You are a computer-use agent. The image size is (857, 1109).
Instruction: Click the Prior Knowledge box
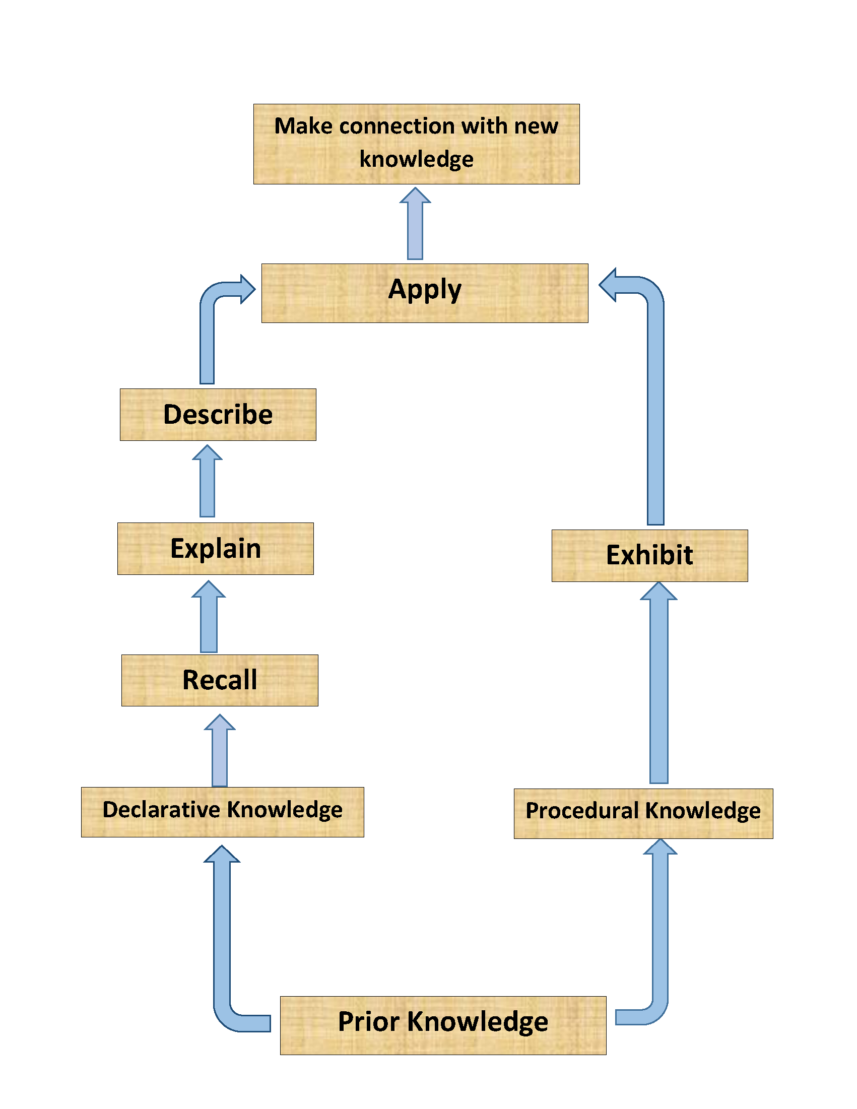click(x=443, y=1025)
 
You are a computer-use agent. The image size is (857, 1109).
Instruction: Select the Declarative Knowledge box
click(x=222, y=811)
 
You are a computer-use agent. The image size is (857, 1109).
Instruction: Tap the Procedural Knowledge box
click(x=643, y=813)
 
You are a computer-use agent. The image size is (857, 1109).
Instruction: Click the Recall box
click(x=219, y=680)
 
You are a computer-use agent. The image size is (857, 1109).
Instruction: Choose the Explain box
click(x=215, y=548)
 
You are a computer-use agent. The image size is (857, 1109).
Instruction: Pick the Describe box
click(x=218, y=414)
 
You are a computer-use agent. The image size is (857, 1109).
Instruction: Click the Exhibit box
click(x=649, y=555)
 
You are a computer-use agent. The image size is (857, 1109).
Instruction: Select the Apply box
click(x=424, y=292)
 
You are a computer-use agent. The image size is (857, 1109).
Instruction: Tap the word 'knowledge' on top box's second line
click(x=416, y=159)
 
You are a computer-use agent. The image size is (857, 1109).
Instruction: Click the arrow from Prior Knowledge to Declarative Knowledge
click(x=222, y=939)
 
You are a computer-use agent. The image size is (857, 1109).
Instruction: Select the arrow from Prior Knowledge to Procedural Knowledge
click(x=660, y=939)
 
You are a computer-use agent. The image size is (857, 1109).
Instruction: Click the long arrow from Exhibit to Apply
click(x=655, y=406)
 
